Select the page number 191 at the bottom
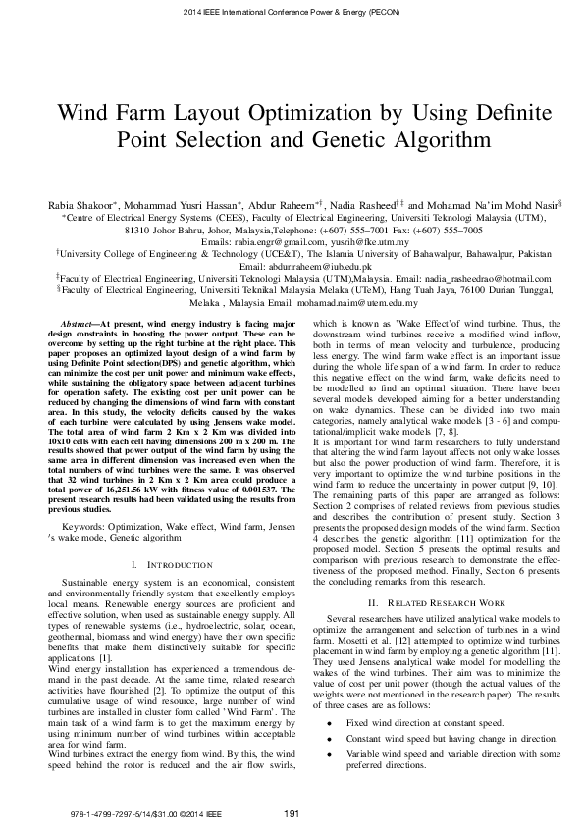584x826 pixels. (x=291, y=812)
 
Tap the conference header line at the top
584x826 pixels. (x=292, y=12)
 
